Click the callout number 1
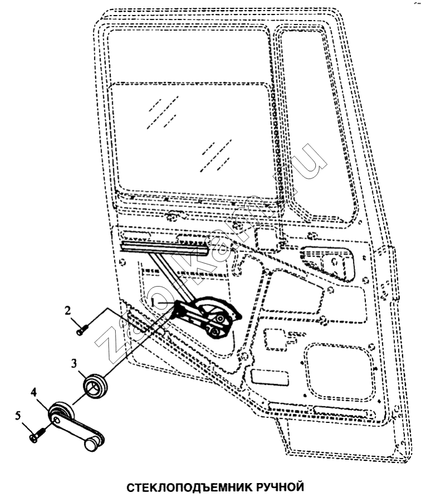[x=154, y=302]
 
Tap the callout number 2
[x=68, y=310]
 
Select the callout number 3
[x=74, y=363]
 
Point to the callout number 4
[x=34, y=392]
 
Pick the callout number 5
[x=18, y=416]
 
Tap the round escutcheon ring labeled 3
[x=95, y=386]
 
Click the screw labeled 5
[x=38, y=435]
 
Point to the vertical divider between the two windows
[x=276, y=128]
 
